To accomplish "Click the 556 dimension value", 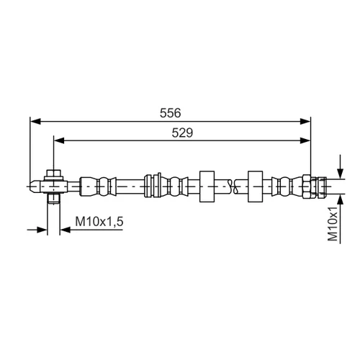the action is pyautogui.click(x=171, y=113).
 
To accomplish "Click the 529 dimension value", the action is pyautogui.click(x=182, y=132).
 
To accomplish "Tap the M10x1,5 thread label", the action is pyautogui.click(x=99, y=221).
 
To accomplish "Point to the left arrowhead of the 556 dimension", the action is pyautogui.click(x=35, y=122).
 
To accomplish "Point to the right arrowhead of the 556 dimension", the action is pyautogui.click(x=305, y=122).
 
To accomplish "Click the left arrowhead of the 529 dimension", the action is pyautogui.click(x=59, y=140).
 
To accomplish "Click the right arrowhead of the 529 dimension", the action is pyautogui.click(x=305, y=140).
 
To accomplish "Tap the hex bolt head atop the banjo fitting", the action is pyautogui.click(x=53, y=174).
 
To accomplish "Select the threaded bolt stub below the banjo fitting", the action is pyautogui.click(x=53, y=198).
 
